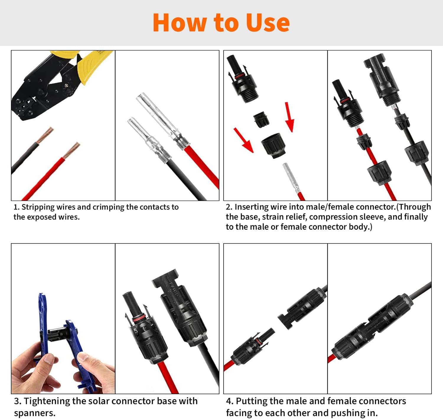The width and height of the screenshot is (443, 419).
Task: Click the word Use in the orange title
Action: pos(268,23)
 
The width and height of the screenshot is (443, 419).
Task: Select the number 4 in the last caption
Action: pos(229,401)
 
